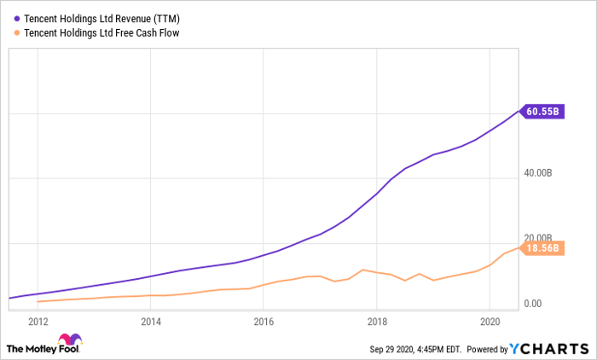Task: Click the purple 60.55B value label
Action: pos(542,111)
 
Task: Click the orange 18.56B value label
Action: pos(542,248)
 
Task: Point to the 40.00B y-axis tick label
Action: pos(537,173)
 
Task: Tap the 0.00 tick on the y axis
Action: pos(533,303)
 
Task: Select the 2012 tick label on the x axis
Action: pos(38,322)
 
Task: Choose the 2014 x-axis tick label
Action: pos(151,322)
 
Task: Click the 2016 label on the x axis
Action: pos(264,322)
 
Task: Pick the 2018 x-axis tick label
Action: pos(377,322)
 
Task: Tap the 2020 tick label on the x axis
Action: pos(490,322)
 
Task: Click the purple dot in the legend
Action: pos(17,19)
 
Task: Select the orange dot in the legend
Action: pos(17,33)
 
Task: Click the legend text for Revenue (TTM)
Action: pos(101,19)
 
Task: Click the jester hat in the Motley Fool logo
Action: pos(70,339)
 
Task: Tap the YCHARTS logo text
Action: pos(549,349)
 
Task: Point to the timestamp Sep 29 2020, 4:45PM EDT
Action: pos(415,349)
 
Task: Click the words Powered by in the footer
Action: pos(487,349)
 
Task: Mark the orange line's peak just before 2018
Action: pos(362,270)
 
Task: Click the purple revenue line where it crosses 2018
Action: pos(377,194)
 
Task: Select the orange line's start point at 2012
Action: pos(38,302)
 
